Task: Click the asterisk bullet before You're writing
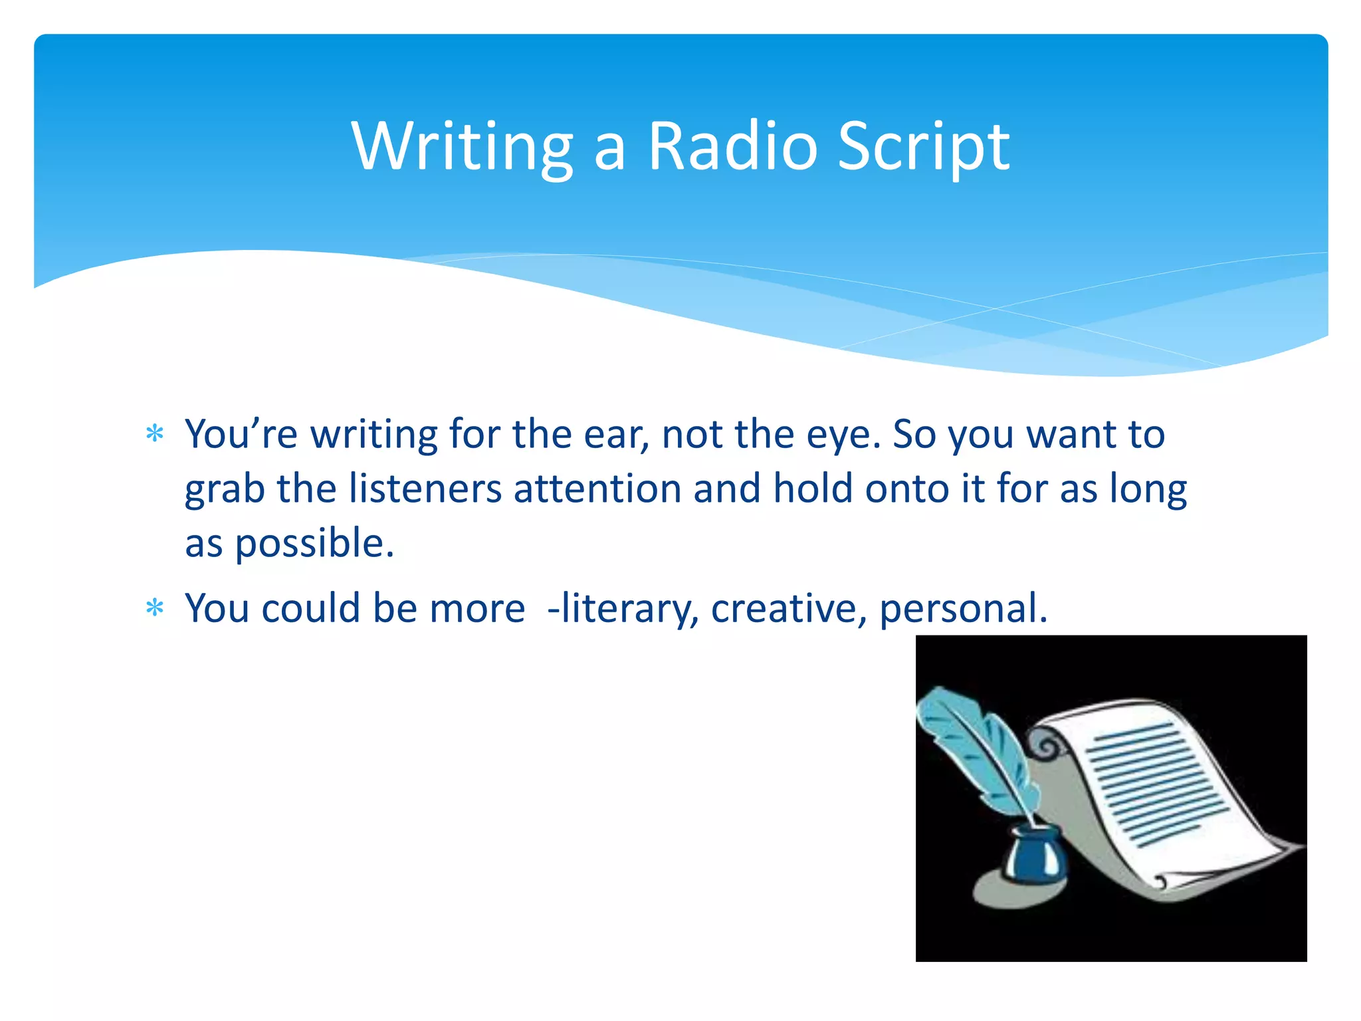pos(155,435)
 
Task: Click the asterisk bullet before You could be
pos(155,608)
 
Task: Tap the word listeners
pos(425,489)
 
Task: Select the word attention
pos(597,489)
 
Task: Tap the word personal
pos(962,608)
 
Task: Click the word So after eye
pos(914,435)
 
